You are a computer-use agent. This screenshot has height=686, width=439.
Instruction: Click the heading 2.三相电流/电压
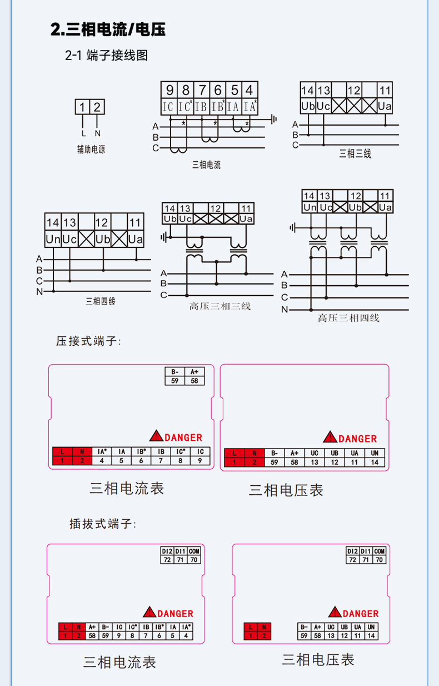[108, 29]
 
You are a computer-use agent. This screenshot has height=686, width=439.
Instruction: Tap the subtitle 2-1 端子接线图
[106, 56]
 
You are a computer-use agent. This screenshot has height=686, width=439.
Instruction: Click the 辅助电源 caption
[91, 150]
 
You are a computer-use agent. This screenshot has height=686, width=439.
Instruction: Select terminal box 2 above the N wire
[97, 107]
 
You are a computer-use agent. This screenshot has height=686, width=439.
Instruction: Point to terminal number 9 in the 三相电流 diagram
[169, 90]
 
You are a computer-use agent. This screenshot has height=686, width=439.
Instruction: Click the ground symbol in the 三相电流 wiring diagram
[274, 119]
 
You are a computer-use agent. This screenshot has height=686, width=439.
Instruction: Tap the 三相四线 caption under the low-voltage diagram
[101, 301]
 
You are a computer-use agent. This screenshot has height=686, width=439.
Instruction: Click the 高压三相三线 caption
[220, 306]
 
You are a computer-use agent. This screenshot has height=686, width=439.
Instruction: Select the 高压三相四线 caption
[348, 318]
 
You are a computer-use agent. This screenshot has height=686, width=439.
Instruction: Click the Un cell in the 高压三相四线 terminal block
[310, 207]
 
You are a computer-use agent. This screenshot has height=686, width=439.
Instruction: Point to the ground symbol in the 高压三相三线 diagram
[164, 237]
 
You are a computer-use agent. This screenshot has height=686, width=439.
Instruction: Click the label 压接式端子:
[88, 341]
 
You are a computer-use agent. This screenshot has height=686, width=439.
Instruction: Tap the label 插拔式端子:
[103, 524]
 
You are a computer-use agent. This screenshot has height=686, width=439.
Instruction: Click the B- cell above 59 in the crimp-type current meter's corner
[175, 372]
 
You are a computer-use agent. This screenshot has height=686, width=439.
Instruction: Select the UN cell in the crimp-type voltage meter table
[375, 453]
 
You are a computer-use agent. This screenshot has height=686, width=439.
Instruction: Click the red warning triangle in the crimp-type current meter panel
[156, 436]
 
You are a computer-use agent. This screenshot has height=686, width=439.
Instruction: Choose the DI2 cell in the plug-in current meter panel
[167, 551]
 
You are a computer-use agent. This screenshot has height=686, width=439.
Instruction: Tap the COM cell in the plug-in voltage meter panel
[380, 551]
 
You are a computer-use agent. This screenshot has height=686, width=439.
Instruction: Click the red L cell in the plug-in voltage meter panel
[251, 627]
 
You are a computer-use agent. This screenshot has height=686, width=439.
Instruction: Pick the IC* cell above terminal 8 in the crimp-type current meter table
[180, 452]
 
